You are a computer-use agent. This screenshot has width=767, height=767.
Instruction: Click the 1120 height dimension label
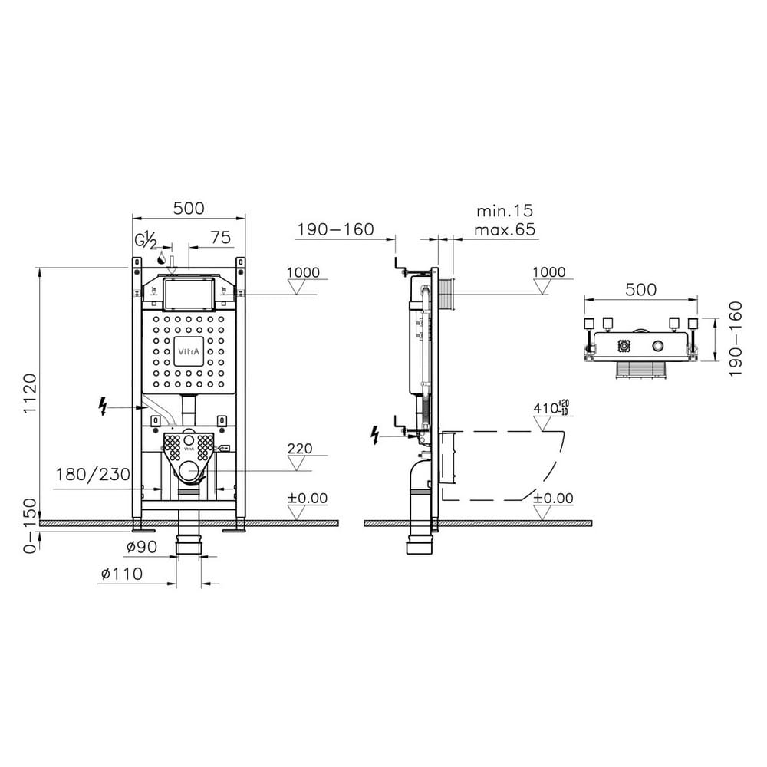[31, 393]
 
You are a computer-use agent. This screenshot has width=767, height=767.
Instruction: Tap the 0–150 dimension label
[31, 526]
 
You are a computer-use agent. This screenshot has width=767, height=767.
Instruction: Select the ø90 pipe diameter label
[142, 547]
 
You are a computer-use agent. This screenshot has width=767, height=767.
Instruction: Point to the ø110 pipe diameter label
[122, 573]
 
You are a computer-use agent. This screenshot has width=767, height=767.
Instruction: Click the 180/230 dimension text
[93, 474]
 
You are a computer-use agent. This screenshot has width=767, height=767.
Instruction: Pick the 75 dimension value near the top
[220, 237]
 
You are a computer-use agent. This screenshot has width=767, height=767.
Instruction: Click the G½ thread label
[146, 240]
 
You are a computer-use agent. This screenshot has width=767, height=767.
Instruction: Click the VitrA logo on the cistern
[187, 351]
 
